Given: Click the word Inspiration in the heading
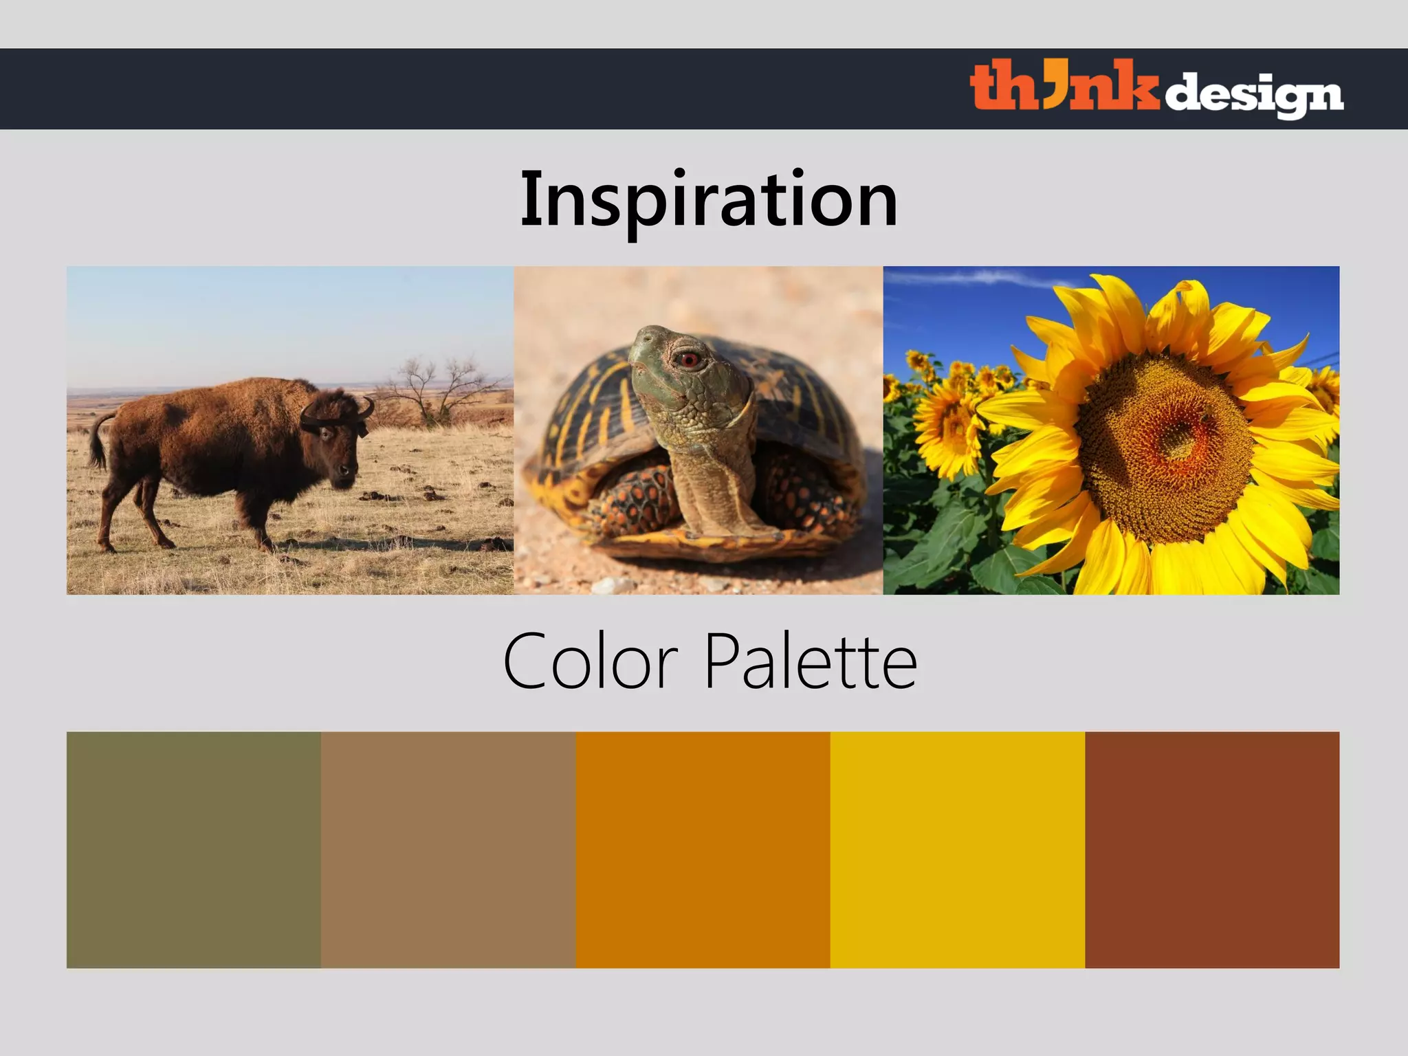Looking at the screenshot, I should (708, 200).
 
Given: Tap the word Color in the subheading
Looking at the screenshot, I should (591, 662).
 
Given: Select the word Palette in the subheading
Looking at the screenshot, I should (811, 662).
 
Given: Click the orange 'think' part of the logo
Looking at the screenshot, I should (1062, 87).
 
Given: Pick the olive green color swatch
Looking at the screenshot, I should (194, 850).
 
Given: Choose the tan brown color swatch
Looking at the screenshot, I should (448, 850).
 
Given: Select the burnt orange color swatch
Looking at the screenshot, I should (703, 850).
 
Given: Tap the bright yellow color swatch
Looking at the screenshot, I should (957, 850).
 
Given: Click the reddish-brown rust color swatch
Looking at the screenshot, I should (1212, 850).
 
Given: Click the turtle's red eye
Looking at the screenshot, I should (688, 360).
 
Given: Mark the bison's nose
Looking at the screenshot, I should (348, 474).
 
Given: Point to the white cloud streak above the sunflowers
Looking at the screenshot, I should (976, 278).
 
